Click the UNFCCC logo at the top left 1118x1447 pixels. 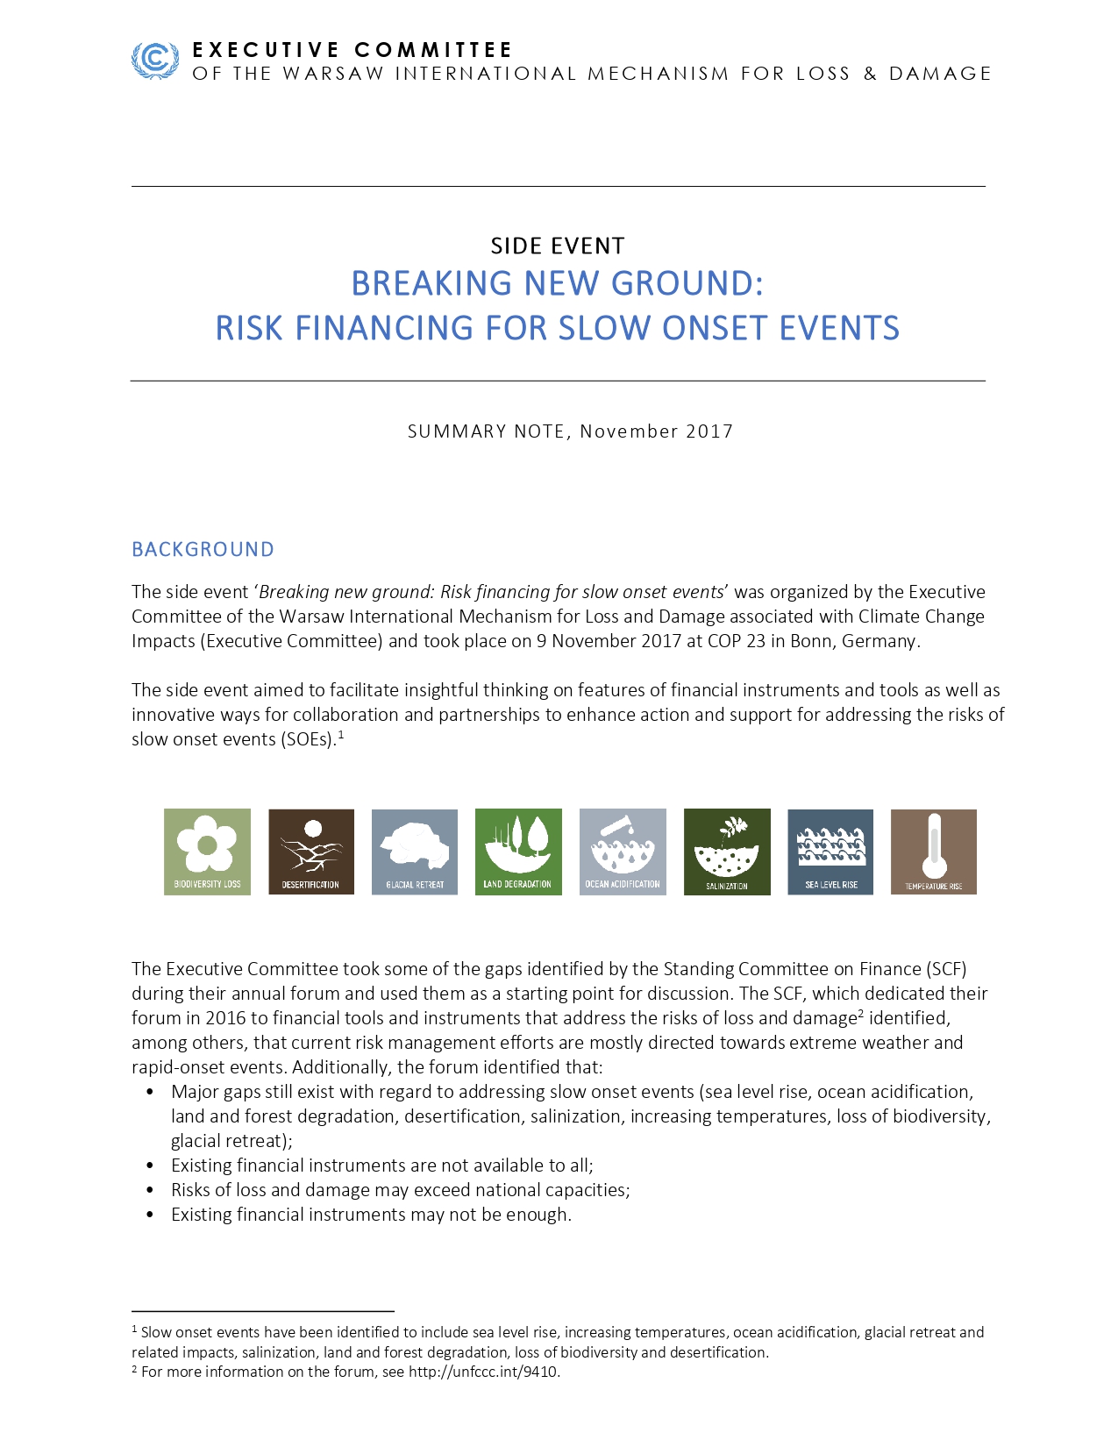(154, 61)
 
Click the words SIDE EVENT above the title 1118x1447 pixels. (558, 246)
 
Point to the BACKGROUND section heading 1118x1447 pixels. (203, 550)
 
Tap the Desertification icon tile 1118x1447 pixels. (311, 852)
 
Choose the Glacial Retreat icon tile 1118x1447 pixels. (415, 852)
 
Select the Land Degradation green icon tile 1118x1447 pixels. (518, 852)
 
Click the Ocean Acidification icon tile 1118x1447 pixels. (623, 852)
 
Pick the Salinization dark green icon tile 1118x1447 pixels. (727, 852)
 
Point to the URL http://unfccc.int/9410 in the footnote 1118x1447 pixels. (483, 1372)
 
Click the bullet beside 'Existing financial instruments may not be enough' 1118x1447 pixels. (151, 1215)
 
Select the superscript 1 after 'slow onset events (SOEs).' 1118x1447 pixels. (341, 735)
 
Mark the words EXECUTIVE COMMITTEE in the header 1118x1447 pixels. (352, 50)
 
